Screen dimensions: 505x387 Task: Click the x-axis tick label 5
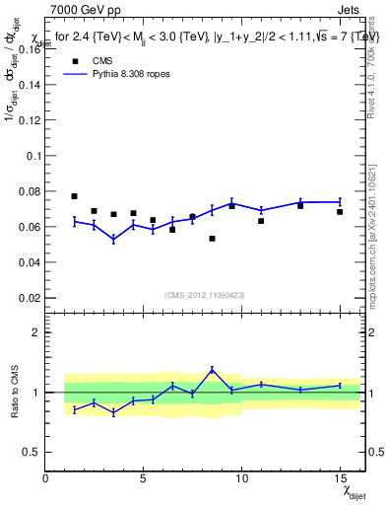pyautogui.click(x=144, y=478)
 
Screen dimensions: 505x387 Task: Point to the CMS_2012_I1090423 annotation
pyautogui.click(x=204, y=295)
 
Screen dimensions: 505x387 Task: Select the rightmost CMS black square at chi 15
pyautogui.click(x=340, y=212)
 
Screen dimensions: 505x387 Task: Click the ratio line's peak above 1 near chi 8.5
pyautogui.click(x=212, y=370)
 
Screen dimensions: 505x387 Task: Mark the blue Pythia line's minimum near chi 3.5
pyautogui.click(x=113, y=239)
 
